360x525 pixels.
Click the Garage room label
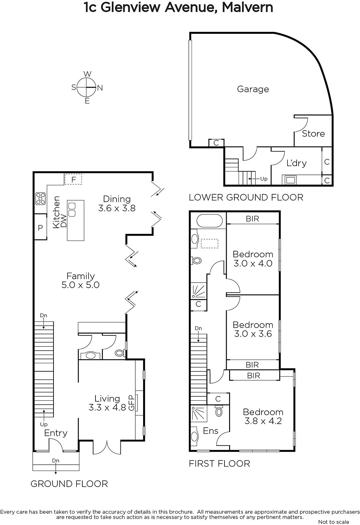253,89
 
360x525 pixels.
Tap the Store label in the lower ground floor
313,134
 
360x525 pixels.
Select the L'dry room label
296,163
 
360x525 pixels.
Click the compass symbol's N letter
100,88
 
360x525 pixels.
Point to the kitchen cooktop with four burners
40,199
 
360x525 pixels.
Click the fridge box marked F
73,179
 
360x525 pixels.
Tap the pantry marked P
41,227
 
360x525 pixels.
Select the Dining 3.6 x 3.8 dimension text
117,208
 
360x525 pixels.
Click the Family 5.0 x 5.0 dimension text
81,285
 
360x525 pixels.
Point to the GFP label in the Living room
132,403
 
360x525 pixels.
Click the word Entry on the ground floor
56,433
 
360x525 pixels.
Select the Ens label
210,431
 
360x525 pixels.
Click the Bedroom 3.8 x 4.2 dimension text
263,421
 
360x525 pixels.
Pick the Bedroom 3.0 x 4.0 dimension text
253,263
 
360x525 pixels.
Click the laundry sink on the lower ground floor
290,180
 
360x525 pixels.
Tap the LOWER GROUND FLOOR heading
246,197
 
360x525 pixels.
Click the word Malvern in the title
247,7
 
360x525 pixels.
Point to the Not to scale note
333,522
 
